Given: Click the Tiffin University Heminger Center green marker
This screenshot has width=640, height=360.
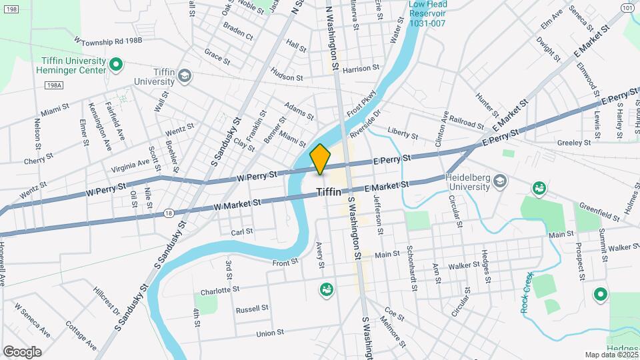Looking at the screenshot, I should pos(115,65).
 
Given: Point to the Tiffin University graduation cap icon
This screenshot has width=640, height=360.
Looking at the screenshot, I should pos(184,77).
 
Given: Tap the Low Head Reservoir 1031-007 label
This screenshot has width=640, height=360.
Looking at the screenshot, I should pos(428,13).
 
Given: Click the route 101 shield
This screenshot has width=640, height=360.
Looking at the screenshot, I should pos(627,7).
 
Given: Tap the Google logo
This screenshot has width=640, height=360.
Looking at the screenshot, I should pos(22,351).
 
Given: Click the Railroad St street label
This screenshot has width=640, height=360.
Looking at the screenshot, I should pos(466,124).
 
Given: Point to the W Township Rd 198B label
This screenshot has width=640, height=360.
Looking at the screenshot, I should pos(109,40).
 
